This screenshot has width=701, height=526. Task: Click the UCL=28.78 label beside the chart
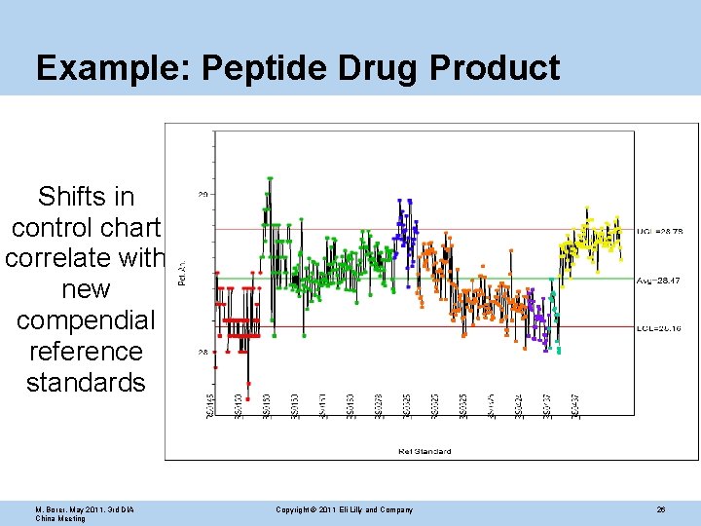[x=660, y=230]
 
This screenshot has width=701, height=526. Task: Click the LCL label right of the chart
[x=660, y=328]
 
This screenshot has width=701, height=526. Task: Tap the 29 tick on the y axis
[x=203, y=195]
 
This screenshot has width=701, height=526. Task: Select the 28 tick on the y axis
[x=203, y=353]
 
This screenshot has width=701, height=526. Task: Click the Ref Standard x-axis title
[x=424, y=451]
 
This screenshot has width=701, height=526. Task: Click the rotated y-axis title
[x=182, y=274]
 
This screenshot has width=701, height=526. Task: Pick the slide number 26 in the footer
[x=661, y=509]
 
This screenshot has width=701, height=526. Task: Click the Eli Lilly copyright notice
[x=344, y=509]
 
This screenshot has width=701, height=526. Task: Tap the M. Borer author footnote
[x=85, y=513]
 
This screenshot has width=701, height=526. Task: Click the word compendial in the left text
[x=86, y=320]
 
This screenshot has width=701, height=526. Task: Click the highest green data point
[x=270, y=178]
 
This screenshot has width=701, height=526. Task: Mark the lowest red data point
[x=248, y=386]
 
